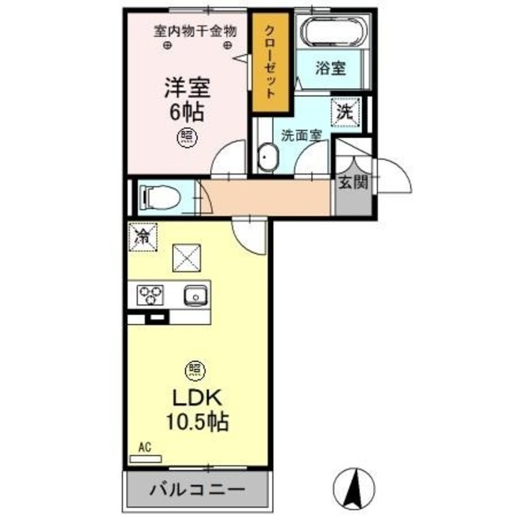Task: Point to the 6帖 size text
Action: pyautogui.click(x=185, y=111)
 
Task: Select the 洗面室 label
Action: pyautogui.click(x=298, y=134)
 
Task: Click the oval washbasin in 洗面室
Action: pyautogui.click(x=266, y=158)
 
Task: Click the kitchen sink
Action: pyautogui.click(x=195, y=296)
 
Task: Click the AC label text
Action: pyautogui.click(x=145, y=445)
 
